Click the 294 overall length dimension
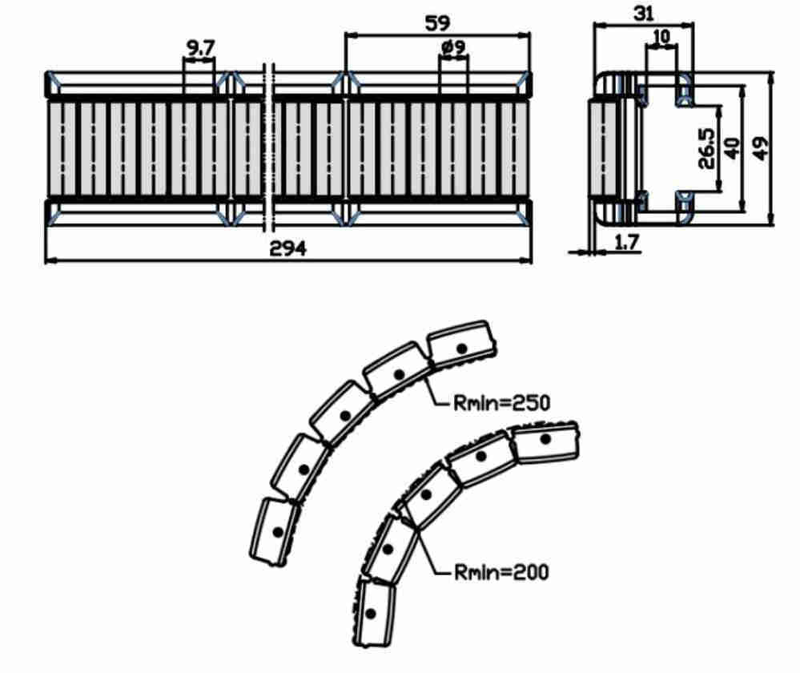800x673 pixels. [287, 248]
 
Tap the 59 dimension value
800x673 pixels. [437, 23]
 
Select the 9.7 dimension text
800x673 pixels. [200, 49]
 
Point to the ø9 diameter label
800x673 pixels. [452, 47]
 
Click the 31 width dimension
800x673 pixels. [643, 14]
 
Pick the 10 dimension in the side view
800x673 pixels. [661, 37]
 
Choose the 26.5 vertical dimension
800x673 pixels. [706, 148]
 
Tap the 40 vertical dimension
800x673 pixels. [732, 148]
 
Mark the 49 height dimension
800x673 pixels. [760, 148]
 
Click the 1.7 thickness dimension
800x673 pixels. [626, 242]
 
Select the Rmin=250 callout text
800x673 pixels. [502, 403]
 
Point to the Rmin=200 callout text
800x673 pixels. [502, 572]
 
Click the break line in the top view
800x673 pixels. [269, 147]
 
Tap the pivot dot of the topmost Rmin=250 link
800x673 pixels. [462, 349]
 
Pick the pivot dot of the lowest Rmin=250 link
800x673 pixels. [278, 532]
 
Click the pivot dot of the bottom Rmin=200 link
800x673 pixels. [371, 613]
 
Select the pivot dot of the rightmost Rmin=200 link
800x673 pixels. [545, 439]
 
